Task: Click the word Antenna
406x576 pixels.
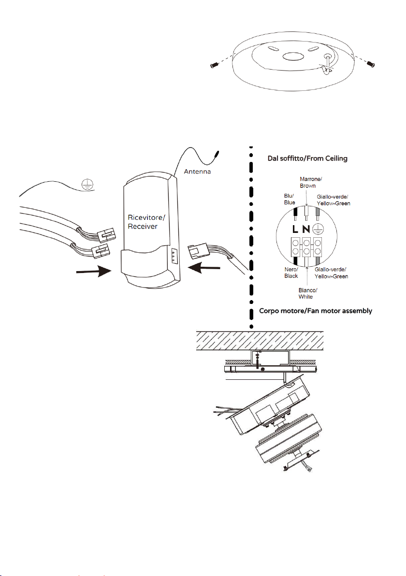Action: pos(197,172)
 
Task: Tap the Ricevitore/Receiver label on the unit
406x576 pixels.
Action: pos(146,222)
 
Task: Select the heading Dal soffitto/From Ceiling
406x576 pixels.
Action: pos(307,158)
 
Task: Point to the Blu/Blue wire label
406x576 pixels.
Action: pos(290,199)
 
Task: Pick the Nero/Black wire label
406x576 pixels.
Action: pos(291,273)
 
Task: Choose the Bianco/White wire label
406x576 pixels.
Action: pos(307,293)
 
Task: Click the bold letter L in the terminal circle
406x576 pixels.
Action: pos(295,229)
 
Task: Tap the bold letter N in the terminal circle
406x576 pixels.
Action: pos(305,229)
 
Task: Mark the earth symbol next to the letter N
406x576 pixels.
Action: pos(318,229)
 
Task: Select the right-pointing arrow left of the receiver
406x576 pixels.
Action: pos(94,272)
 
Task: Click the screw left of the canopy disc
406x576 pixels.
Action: pos(215,65)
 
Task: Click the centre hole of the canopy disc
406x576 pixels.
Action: pos(293,57)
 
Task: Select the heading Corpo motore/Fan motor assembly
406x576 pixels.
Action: pos(316,311)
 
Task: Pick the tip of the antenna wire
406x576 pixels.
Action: pos(217,151)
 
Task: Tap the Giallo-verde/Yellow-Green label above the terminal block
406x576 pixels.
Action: pos(333,200)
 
